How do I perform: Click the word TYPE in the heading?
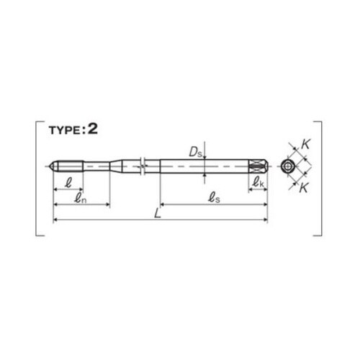pos(65,130)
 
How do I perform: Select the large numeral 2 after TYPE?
pos(93,130)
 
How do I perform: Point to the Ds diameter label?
pos(196,152)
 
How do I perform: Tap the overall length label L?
pos(158,213)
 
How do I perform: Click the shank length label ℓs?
pos(214,198)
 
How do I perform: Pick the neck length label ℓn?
pos(80,198)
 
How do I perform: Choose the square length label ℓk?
pos(258,182)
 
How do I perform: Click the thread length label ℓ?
pos(68,183)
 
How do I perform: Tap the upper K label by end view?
pos(305,145)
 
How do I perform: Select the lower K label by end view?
pos(304,188)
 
